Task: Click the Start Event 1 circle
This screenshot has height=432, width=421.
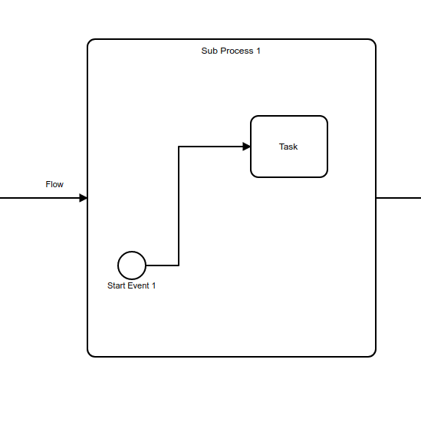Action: (x=132, y=265)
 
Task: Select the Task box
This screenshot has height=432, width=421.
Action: (x=289, y=147)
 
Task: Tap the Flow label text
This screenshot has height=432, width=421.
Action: (x=54, y=184)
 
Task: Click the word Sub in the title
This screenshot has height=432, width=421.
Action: (x=209, y=51)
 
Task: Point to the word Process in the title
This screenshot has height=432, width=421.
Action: (x=236, y=51)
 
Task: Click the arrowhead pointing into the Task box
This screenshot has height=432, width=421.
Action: (x=246, y=147)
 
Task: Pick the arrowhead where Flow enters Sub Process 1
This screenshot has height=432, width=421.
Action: (x=84, y=198)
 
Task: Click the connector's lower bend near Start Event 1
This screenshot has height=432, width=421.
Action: (x=179, y=265)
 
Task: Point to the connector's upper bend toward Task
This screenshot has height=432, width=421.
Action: (x=179, y=147)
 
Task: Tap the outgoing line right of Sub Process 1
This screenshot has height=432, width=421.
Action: (x=398, y=198)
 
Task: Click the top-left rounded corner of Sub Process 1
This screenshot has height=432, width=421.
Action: (x=90, y=41)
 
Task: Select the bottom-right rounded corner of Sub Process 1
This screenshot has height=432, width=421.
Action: (x=373, y=355)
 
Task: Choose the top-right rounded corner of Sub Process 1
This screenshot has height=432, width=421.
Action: (x=373, y=41)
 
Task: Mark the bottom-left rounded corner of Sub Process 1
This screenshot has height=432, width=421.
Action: (x=90, y=355)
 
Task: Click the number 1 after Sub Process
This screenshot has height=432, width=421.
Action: (x=258, y=51)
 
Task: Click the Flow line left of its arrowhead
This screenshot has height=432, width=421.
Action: (x=38, y=198)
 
